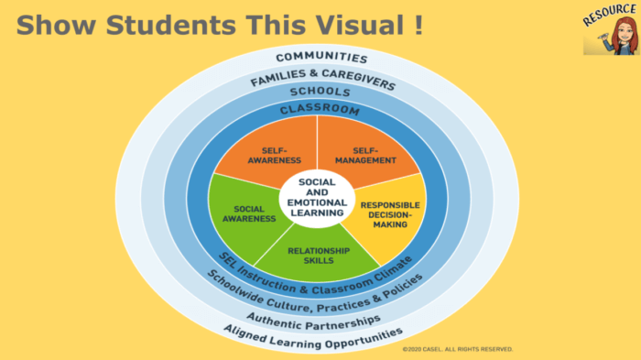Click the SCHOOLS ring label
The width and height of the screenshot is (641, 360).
320,93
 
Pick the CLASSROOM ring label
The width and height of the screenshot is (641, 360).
320,110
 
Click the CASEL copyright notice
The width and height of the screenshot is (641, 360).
458,349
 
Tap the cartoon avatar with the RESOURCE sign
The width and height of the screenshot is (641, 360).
604,37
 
